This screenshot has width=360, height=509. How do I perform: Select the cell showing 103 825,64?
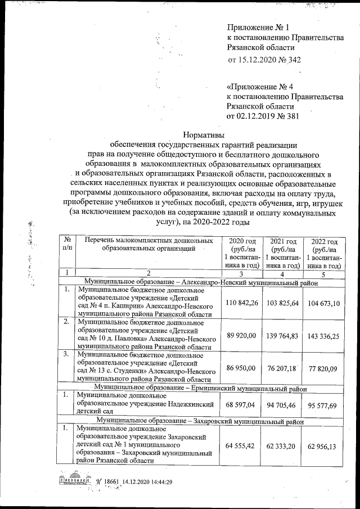click(x=283, y=304)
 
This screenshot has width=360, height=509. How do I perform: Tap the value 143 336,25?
click(x=324, y=336)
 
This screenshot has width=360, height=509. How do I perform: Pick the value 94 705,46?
click(x=283, y=405)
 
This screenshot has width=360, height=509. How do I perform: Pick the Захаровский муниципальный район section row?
click(x=200, y=420)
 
